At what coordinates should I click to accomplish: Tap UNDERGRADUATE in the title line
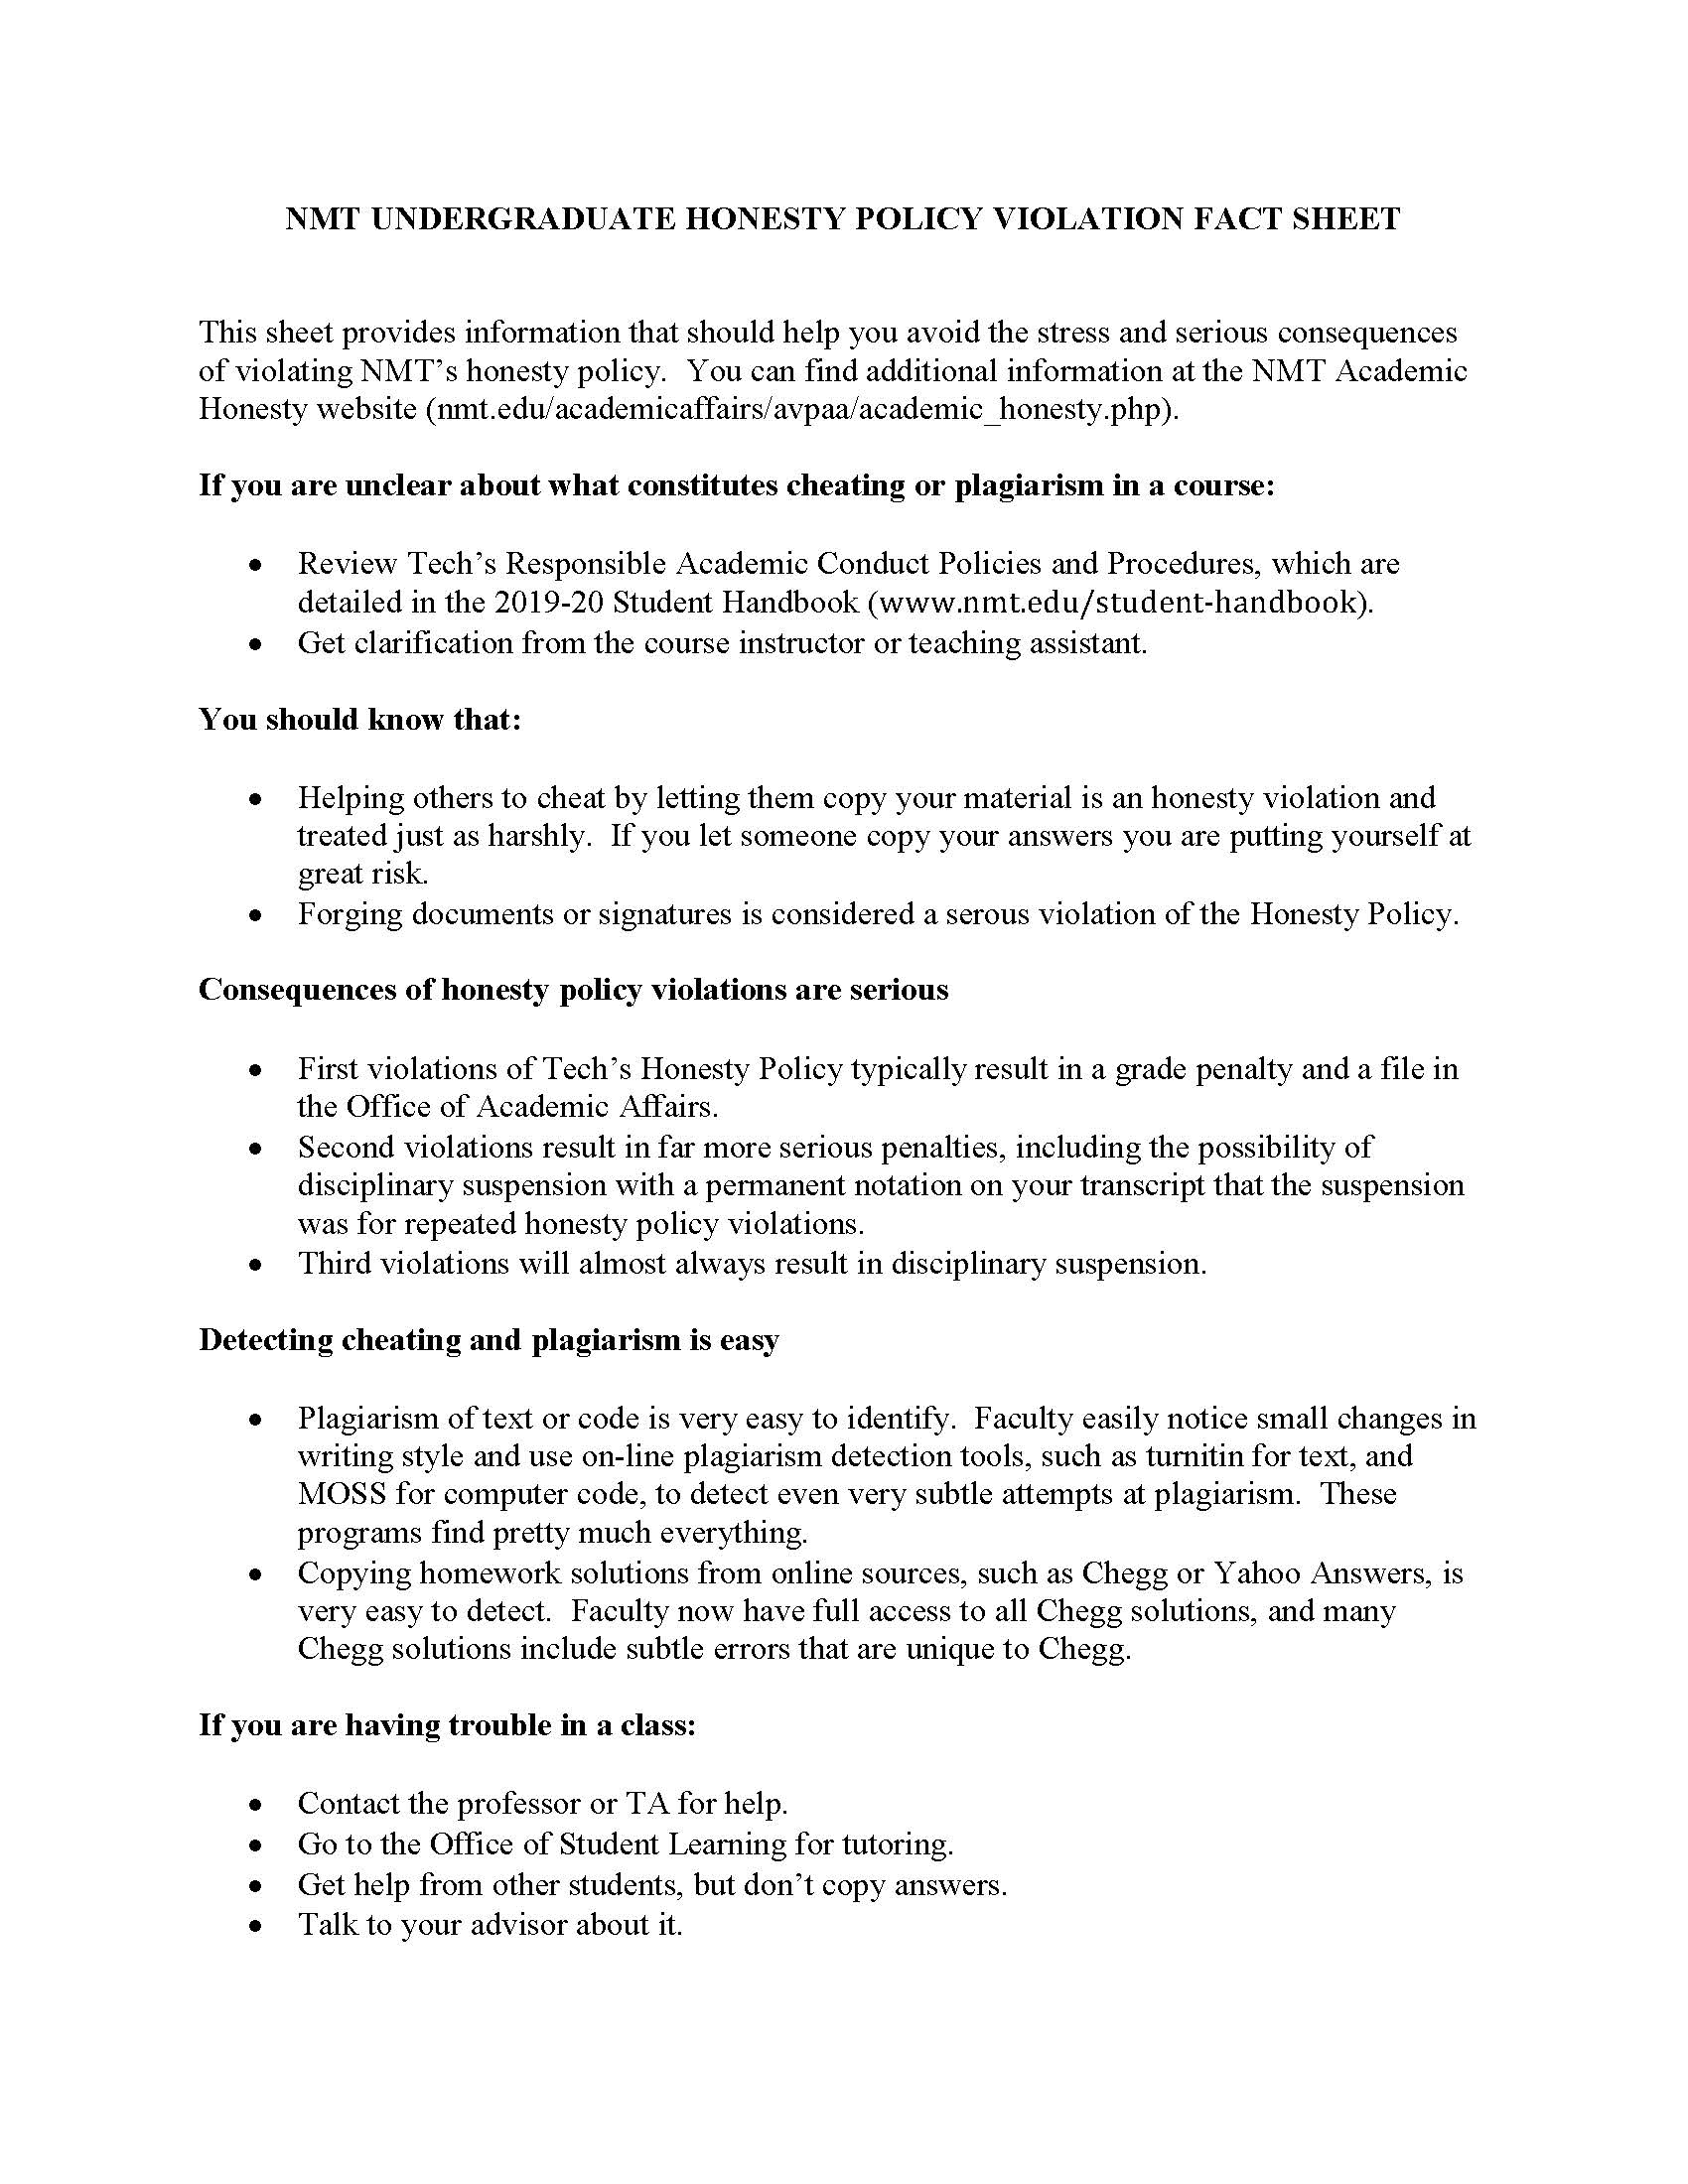point(521,219)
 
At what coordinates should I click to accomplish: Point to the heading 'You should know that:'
point(360,719)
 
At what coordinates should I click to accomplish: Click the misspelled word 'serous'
point(986,913)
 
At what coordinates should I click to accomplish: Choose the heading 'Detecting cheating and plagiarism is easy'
point(488,1339)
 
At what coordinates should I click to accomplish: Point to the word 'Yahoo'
point(1257,1573)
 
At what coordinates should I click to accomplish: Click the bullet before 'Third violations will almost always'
point(257,1265)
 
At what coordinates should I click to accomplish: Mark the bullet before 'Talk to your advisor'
point(257,1926)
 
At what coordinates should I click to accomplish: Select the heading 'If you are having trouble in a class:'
point(447,1725)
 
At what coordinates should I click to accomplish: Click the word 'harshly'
point(540,835)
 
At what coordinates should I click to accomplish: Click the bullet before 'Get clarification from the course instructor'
point(257,644)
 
